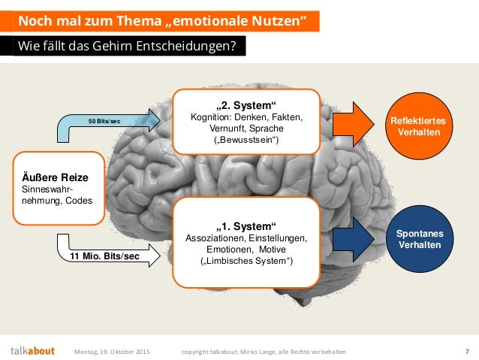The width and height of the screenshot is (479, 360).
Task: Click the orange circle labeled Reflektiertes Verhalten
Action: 426,126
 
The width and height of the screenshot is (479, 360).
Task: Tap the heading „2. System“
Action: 247,104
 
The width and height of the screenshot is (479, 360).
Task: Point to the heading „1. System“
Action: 247,225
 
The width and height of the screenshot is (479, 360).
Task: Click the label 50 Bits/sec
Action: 104,121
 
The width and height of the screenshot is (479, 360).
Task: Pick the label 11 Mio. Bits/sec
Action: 104,256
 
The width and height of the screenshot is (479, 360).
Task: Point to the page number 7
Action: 466,351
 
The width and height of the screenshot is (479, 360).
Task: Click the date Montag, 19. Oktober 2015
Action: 112,351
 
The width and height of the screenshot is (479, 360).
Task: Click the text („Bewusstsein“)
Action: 247,141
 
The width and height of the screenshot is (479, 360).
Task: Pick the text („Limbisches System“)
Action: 247,261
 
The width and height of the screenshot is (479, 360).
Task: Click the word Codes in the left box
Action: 80,201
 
